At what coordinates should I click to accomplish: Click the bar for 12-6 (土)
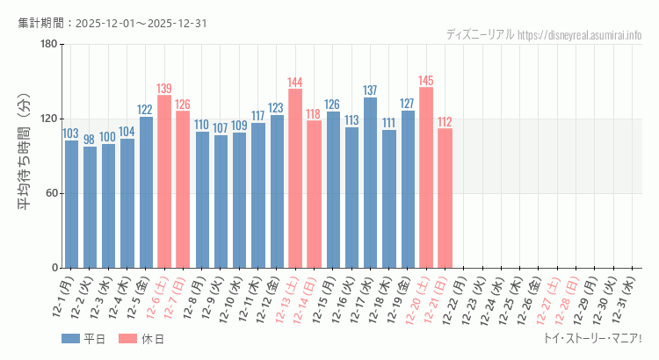[164, 182]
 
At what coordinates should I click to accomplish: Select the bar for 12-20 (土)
[426, 177]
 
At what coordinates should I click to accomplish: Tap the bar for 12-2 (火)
[90, 207]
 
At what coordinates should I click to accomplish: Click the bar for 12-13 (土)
[295, 178]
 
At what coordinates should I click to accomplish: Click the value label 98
[90, 140]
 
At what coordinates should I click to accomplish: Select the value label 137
[370, 90]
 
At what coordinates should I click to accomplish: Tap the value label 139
[164, 89]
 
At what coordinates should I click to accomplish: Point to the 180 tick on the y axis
[48, 45]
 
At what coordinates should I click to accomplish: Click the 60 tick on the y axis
[52, 193]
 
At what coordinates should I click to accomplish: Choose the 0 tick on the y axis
[54, 268]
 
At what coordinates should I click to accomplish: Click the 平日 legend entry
[83, 338]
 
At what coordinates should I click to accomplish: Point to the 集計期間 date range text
[112, 23]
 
